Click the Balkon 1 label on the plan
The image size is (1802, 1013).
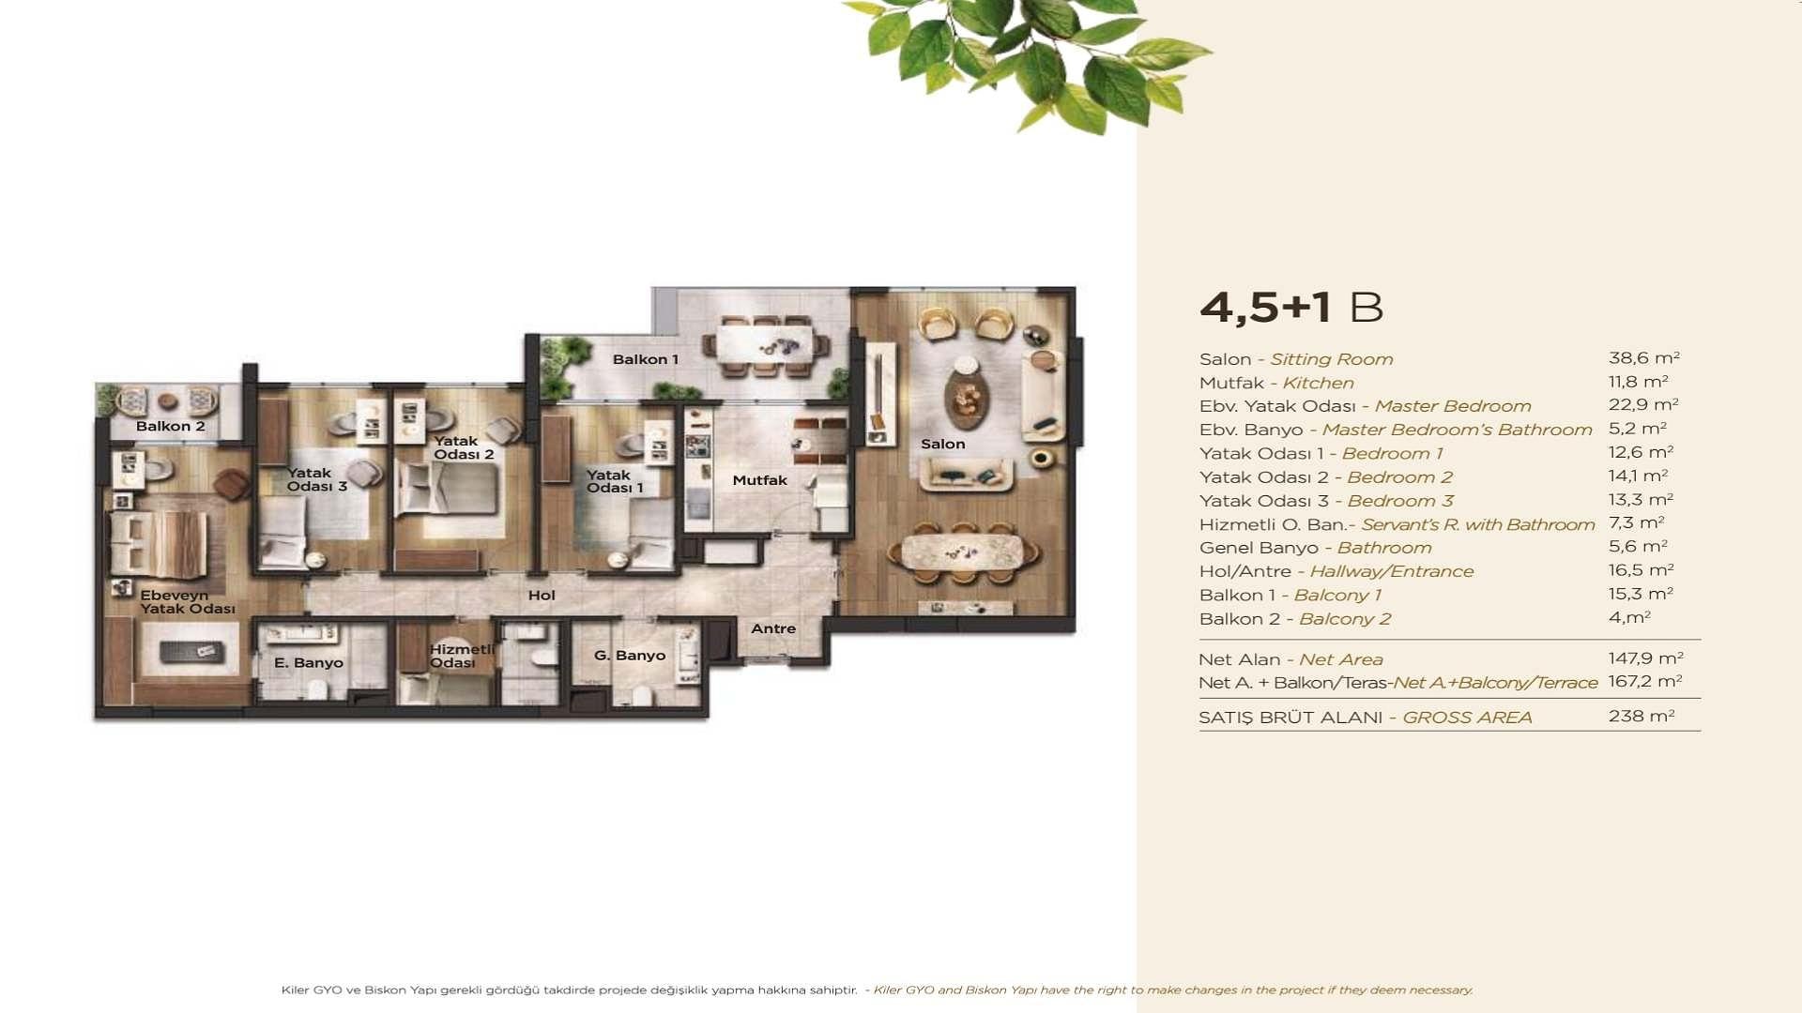(645, 359)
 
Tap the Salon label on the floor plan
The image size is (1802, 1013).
(942, 444)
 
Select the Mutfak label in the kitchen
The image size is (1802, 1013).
(759, 480)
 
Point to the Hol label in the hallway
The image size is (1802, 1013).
(542, 595)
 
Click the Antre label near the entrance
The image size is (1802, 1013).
(773, 628)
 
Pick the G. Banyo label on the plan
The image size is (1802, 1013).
(630, 656)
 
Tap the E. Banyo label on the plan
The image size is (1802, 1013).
(309, 662)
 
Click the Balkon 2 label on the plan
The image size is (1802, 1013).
(170, 426)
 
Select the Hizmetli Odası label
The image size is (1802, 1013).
(461, 656)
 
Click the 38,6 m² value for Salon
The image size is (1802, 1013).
(1643, 357)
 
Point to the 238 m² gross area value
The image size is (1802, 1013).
(1642, 716)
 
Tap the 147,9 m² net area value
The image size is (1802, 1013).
(1645, 658)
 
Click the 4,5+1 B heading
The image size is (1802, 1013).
(1291, 307)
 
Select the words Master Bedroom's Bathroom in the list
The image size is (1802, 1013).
(1457, 430)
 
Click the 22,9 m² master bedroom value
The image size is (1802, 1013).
(1643, 404)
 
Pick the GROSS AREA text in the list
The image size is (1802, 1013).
(1467, 718)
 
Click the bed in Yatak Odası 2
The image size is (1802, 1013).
(447, 489)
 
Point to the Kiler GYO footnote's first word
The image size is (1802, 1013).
(296, 990)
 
